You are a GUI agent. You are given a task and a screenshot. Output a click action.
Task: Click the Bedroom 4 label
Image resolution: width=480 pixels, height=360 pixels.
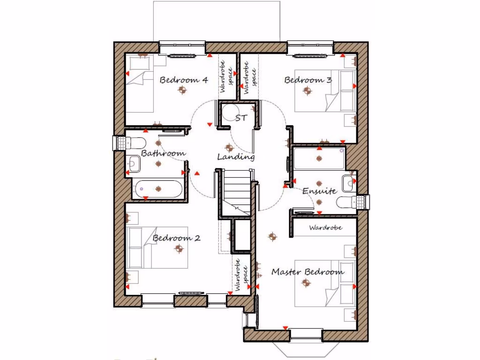(184, 80)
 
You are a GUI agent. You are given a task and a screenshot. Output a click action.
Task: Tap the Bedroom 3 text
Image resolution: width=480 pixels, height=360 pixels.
(308, 80)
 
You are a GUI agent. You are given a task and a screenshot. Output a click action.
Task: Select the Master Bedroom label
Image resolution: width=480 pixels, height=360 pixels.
(307, 272)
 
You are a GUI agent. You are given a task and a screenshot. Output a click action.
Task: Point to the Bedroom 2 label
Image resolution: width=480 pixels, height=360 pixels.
(177, 238)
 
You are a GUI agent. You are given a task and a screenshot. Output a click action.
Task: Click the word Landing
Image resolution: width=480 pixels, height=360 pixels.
(236, 157)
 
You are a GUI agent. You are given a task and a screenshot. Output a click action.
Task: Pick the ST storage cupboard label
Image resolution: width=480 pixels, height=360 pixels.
(241, 118)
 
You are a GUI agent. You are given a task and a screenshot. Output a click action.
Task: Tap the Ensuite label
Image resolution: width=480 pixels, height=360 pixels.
(319, 191)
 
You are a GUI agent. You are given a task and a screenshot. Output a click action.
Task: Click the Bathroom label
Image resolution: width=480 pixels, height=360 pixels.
(163, 153)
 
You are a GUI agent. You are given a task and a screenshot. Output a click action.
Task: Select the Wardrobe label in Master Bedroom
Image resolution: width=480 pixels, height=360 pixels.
(325, 228)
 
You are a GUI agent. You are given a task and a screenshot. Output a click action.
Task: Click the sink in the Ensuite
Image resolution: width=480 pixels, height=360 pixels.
(348, 184)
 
